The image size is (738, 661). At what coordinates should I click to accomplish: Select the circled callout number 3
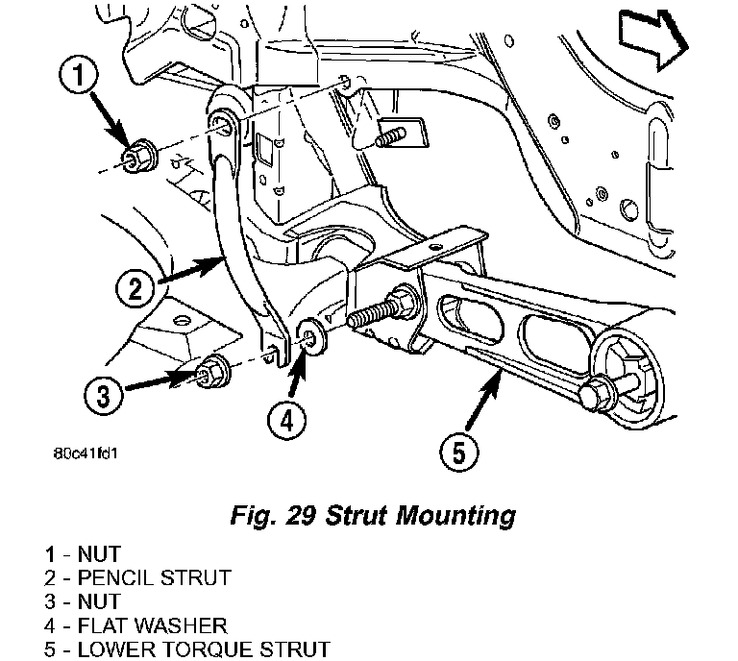point(104,394)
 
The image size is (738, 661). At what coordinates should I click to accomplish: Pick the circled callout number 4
point(286,420)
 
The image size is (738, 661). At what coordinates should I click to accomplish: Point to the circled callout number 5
point(459,452)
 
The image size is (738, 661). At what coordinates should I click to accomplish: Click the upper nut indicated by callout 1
point(138,156)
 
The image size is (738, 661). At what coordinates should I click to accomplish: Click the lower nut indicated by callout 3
point(211,372)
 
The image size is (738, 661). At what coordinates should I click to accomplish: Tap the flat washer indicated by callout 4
point(310,336)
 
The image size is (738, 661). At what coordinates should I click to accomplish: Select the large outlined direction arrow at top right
point(652,38)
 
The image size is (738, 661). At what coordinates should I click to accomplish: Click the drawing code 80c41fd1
point(86,453)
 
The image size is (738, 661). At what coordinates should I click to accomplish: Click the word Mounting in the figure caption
point(455,516)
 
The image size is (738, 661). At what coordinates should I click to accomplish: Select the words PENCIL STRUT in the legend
point(155,577)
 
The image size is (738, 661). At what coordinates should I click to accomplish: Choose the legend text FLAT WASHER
point(153,625)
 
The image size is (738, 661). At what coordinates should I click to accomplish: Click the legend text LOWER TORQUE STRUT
point(204,649)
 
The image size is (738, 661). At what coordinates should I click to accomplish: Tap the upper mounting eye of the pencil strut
point(223,123)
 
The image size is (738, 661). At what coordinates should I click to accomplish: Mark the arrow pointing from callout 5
point(482,399)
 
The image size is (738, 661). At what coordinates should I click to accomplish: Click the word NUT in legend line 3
point(99,601)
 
